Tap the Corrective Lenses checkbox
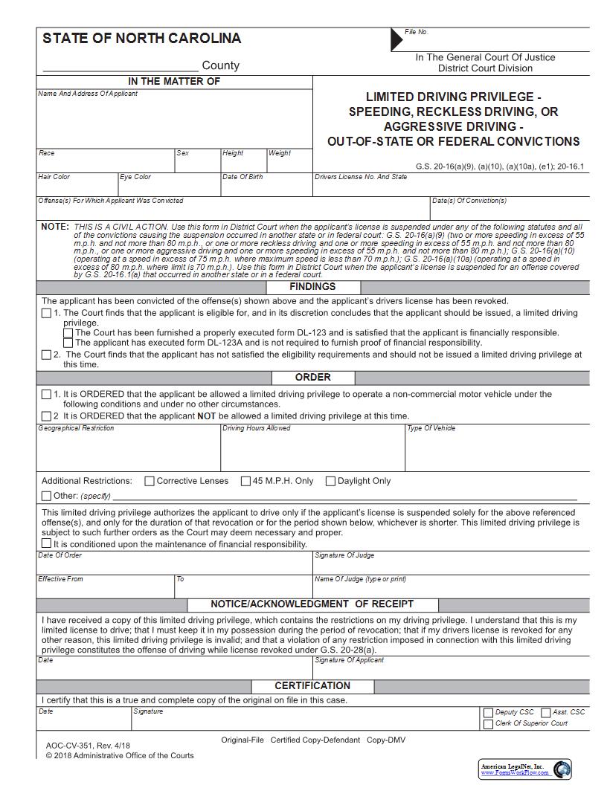click(150, 481)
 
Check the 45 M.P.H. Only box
click(245, 481)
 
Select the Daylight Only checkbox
click(330, 481)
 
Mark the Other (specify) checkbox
click(47, 496)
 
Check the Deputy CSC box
click(488, 712)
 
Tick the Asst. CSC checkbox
click(545, 712)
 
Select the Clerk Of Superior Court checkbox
click(488, 723)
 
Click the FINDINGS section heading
click(312, 287)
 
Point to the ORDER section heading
click(312, 378)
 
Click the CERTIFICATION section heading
click(312, 685)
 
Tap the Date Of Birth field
click(266, 188)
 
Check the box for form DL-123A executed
click(68, 343)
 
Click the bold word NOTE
click(54, 227)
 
